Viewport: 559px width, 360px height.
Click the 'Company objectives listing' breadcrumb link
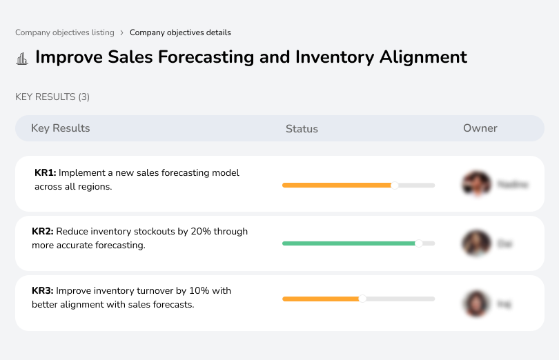pyautogui.click(x=65, y=32)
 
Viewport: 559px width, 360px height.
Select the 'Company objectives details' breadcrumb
pyautogui.click(x=180, y=32)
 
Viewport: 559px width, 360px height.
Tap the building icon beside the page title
pyautogui.click(x=22, y=59)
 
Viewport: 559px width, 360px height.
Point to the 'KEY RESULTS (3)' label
pyautogui.click(x=52, y=97)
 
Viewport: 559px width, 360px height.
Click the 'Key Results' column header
pyautogui.click(x=60, y=128)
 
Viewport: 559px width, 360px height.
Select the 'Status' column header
pyautogui.click(x=302, y=129)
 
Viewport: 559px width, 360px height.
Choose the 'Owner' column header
pyautogui.click(x=480, y=128)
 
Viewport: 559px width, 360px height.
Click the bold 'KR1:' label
pyautogui.click(x=46, y=173)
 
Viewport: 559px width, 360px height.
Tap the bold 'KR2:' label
pyautogui.click(x=43, y=232)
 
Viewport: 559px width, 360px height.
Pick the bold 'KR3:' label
pyautogui.click(x=43, y=291)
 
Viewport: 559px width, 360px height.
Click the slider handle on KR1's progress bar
pyautogui.click(x=395, y=185)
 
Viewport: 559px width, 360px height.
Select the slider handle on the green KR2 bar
pyautogui.click(x=418, y=243)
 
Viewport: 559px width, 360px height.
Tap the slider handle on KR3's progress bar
pyautogui.click(x=362, y=299)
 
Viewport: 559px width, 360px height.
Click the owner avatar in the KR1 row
pyautogui.click(x=476, y=183)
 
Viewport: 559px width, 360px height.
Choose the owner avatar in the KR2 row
pyautogui.click(x=476, y=243)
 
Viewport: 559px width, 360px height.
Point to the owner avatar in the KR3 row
pyautogui.click(x=476, y=303)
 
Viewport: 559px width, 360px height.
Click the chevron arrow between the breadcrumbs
pyautogui.click(x=122, y=32)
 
